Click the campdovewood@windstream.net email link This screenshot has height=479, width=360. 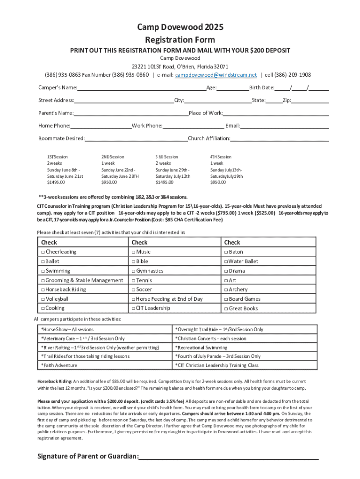pyautogui.click(x=216, y=75)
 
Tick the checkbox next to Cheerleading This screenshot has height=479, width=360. pyautogui.click(x=43, y=252)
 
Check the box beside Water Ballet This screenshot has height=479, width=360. pyautogui.click(x=226, y=261)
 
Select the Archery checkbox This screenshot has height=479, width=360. pyautogui.click(x=226, y=290)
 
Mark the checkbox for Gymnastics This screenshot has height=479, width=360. pyautogui.click(x=133, y=271)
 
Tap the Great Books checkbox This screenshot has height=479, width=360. pyautogui.click(x=226, y=309)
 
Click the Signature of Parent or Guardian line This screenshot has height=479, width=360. pyautogui.click(x=229, y=457)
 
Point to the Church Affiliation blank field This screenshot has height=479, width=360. pyautogui.click(x=280, y=138)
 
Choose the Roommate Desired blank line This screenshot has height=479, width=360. pyautogui.click(x=136, y=138)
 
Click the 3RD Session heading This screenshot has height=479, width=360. pyautogui.click(x=167, y=157)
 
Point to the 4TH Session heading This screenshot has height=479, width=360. pyautogui.click(x=221, y=157)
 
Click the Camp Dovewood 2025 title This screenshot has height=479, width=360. pyautogui.click(x=180, y=28)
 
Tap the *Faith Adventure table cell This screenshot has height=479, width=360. pyautogui.click(x=105, y=365)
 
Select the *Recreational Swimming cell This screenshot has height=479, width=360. pyautogui.click(x=245, y=348)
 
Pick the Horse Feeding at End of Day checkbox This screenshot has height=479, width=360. pyautogui.click(x=133, y=299)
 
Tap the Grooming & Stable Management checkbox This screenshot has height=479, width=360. pyautogui.click(x=43, y=280)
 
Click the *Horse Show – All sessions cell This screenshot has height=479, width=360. pyautogui.click(x=105, y=329)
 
